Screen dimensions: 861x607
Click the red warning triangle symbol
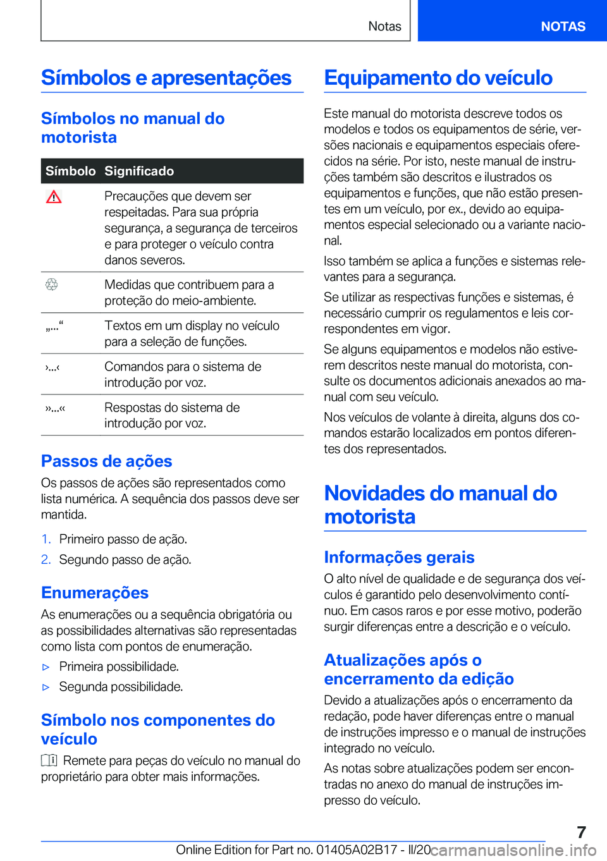click(54, 197)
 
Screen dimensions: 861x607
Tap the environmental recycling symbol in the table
click(52, 284)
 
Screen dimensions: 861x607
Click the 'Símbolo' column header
click(70, 171)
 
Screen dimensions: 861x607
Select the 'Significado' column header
click(139, 171)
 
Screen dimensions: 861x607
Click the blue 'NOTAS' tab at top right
click(563, 27)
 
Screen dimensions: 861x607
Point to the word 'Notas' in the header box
click(384, 27)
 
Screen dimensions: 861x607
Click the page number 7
click(581, 832)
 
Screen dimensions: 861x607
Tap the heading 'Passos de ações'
click(107, 461)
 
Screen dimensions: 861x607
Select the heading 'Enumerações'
click(95, 592)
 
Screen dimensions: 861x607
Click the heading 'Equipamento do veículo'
click(438, 78)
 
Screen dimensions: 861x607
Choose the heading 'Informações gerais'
click(399, 557)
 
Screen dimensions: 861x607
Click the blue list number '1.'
click(46, 539)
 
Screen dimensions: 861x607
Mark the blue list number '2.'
click(46, 559)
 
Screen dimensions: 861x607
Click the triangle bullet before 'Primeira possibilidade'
click(46, 667)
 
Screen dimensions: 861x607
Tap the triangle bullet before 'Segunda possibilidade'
click(46, 687)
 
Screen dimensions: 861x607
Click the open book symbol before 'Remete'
click(49, 760)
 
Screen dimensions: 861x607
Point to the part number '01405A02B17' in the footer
click(357, 850)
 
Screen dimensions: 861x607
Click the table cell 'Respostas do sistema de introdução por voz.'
click(172, 415)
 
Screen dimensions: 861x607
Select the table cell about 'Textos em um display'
click(192, 333)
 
